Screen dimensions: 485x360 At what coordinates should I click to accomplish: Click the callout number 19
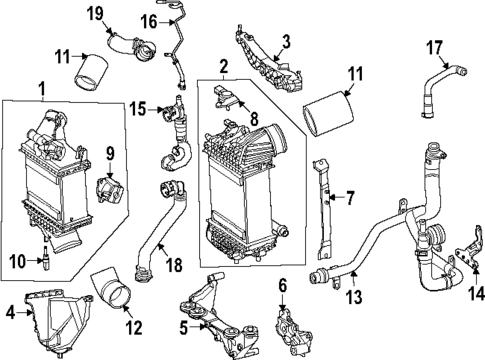[95, 14]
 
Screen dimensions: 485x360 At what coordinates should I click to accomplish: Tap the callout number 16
[148, 22]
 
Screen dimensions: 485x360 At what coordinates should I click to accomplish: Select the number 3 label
[286, 42]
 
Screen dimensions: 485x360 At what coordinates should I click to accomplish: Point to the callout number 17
[435, 48]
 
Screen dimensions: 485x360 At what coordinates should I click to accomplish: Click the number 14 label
[477, 294]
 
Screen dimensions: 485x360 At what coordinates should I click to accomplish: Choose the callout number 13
[354, 296]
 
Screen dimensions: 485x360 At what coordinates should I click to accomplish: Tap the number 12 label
[134, 328]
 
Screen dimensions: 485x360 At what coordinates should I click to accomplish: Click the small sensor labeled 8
[225, 97]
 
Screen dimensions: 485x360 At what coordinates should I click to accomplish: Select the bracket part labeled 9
[110, 190]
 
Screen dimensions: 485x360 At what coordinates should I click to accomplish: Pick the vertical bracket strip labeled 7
[324, 209]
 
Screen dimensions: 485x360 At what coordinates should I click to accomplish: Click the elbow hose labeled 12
[112, 290]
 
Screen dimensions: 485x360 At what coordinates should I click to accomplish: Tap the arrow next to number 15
[155, 109]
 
